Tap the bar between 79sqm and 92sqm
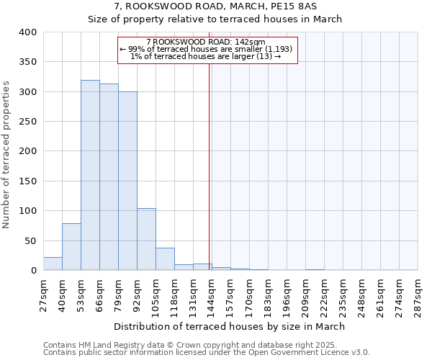[127, 181]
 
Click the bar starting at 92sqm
[146, 239]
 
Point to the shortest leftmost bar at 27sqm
[53, 264]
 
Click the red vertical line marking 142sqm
[210, 166]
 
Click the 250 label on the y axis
[27, 122]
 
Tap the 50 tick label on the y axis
[30, 240]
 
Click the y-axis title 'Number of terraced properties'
[6, 155]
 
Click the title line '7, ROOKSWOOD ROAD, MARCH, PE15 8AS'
[215, 6]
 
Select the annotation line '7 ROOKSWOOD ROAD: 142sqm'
[207, 42]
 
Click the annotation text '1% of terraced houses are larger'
[207, 56]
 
